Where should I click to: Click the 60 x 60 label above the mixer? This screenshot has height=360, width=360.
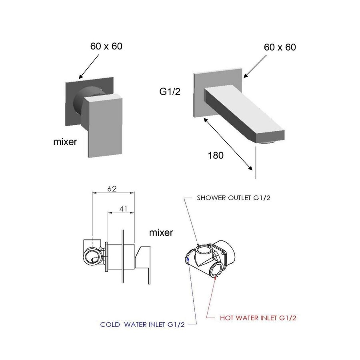[106, 46]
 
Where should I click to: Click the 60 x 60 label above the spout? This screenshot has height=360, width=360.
[280, 47]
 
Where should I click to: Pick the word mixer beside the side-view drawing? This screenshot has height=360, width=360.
[161, 232]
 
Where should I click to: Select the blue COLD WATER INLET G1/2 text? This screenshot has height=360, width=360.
[142, 324]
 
